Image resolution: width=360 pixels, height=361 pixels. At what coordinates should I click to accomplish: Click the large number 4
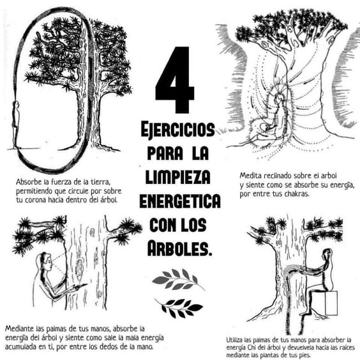[x=174, y=79]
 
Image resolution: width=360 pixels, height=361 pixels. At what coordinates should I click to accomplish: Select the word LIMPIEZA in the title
[x=179, y=177]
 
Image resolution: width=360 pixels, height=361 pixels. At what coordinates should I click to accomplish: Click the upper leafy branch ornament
[x=178, y=279]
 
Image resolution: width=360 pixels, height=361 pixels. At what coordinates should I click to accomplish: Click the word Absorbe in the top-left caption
[x=31, y=181]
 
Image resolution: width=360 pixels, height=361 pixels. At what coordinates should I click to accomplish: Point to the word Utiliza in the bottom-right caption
[x=237, y=339]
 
